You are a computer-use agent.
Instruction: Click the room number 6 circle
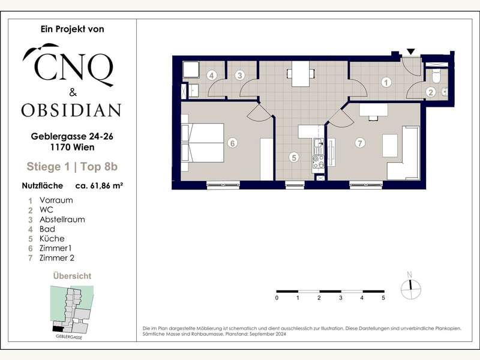coord(232,143)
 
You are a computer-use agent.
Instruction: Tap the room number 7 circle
coord(360,143)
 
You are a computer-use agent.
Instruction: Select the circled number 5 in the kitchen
coord(294,157)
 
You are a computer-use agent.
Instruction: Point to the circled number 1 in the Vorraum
coord(386,82)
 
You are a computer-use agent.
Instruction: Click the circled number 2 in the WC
coord(431,92)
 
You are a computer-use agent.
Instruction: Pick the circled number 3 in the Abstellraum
coord(240,76)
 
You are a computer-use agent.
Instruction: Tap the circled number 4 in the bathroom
coord(212,76)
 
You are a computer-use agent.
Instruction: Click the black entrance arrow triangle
coord(411,52)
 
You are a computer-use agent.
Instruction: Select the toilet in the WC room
coord(436,76)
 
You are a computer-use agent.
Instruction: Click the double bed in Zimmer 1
coord(203,143)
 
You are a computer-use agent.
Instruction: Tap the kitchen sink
coord(319,146)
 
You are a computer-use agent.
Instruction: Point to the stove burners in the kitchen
coord(319,162)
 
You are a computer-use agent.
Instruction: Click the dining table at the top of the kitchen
coord(301,74)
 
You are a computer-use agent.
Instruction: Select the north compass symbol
coord(411,287)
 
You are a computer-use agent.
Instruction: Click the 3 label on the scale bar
coord(340,298)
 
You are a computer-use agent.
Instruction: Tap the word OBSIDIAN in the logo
coord(71,110)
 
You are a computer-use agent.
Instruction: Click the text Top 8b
coord(99,167)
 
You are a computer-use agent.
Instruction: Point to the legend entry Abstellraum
coord(62,220)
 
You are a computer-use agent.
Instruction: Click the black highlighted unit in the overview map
coord(58,328)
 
